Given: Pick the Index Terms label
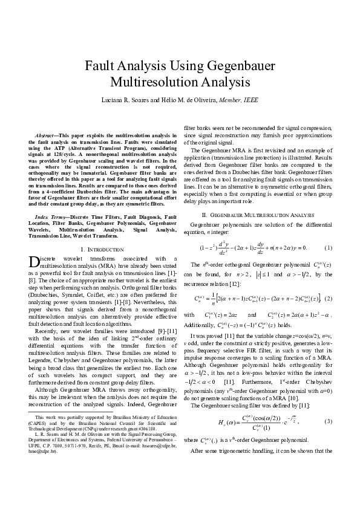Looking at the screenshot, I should click(x=50, y=216).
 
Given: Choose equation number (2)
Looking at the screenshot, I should click(x=327, y=299).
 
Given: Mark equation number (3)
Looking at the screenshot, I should click(x=327, y=403).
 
